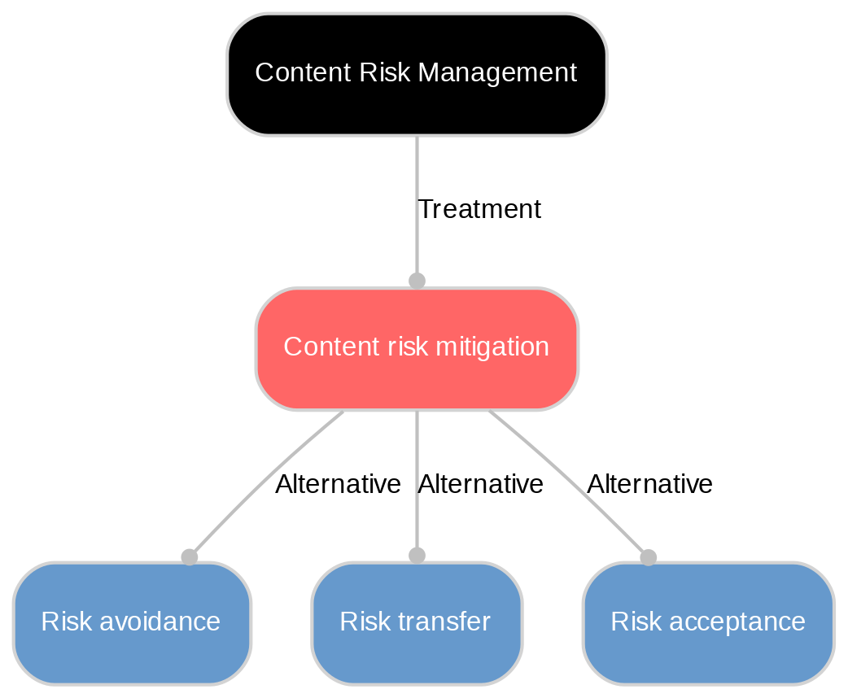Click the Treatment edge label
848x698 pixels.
[x=479, y=210]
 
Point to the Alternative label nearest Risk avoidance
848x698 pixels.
[x=338, y=485]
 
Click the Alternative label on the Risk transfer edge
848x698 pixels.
[x=480, y=485]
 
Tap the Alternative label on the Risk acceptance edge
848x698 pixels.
[x=649, y=485]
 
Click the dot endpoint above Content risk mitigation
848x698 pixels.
[x=417, y=281]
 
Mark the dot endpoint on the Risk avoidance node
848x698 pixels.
[x=189, y=556]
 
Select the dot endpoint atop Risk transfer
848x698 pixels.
[x=417, y=556]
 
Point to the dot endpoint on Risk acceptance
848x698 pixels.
[x=648, y=556]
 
